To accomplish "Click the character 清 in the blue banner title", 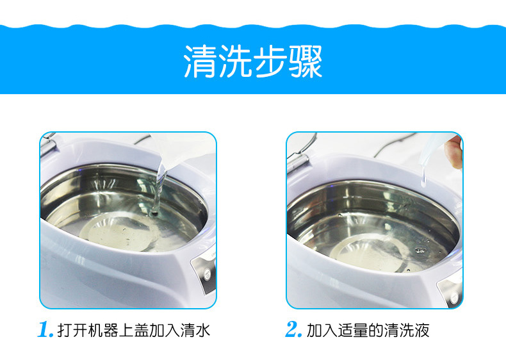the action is pyautogui.click(x=200, y=61).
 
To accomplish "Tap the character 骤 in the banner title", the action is pyautogui.click(x=306, y=61).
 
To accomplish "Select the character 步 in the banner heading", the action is pyautogui.click(x=270, y=61).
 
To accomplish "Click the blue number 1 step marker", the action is pyautogui.click(x=45, y=330).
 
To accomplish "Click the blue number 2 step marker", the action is pyautogui.click(x=293, y=330).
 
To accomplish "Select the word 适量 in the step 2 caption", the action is pyautogui.click(x=352, y=331).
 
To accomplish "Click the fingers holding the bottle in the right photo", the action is pyautogui.click(x=454, y=152).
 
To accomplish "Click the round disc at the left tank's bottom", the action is pyautogui.click(x=118, y=232).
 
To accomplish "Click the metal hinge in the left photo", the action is pyautogui.click(x=49, y=145).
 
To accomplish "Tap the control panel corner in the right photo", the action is pyautogui.click(x=450, y=292).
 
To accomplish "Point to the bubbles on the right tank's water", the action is pyautogui.click(x=420, y=250).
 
